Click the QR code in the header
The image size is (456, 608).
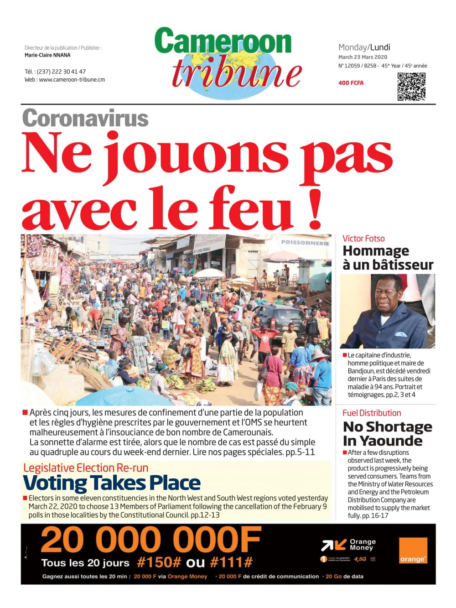[x=411, y=86]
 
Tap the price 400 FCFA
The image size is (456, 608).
[x=351, y=83]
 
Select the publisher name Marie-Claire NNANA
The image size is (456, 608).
[x=47, y=55]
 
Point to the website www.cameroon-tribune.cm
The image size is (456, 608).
[x=72, y=79]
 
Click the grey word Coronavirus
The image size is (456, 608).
[x=85, y=118]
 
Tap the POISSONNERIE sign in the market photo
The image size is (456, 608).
[x=305, y=243]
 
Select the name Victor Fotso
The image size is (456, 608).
[x=363, y=239]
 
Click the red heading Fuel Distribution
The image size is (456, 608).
[x=372, y=413]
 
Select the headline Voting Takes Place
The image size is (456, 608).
[x=112, y=483]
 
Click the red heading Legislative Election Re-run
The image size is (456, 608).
[x=86, y=468]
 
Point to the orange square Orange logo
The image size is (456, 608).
[x=413, y=551]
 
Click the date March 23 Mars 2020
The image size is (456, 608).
[x=363, y=57]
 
